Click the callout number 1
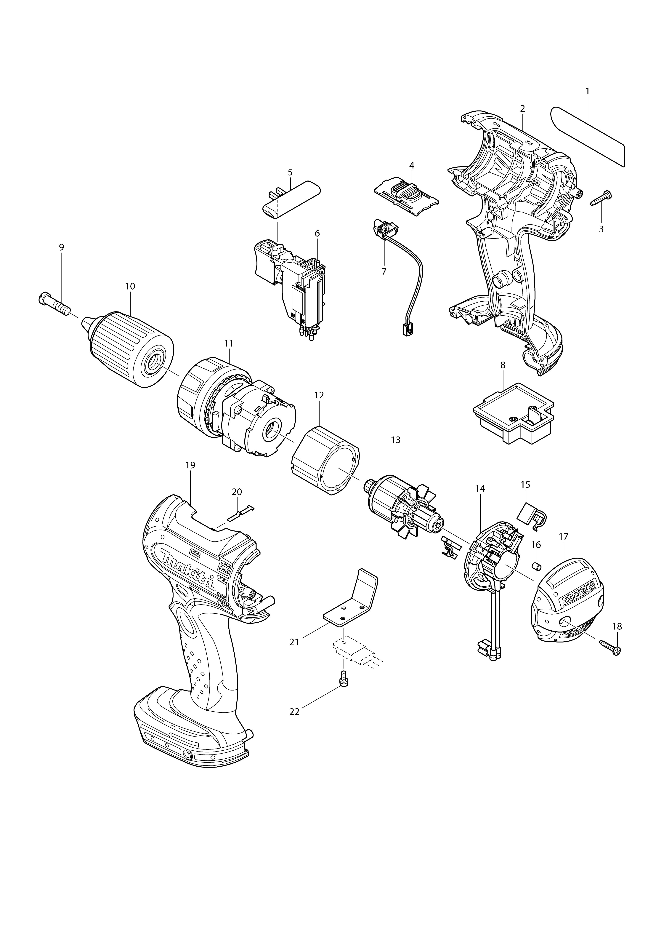click(587, 91)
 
